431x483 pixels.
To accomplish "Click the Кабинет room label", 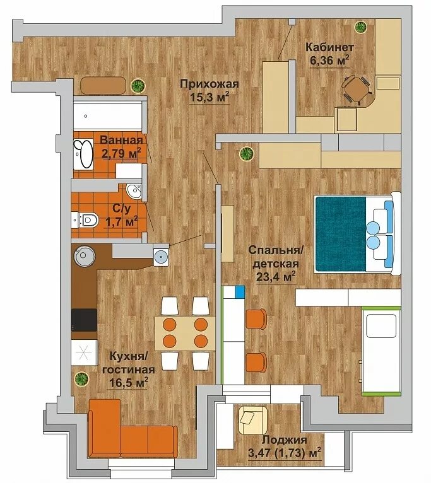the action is (329, 47).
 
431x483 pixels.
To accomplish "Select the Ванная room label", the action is (121, 140).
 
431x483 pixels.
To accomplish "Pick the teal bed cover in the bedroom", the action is (341, 235).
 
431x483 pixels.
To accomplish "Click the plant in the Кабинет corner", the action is (360, 27).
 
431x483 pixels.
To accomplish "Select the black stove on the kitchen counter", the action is (84, 320).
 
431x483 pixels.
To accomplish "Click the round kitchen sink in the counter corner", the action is (83, 255).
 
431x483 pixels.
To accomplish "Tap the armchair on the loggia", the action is (252, 420).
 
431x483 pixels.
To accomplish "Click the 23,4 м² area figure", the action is (276, 277).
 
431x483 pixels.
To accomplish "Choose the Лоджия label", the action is (284, 439).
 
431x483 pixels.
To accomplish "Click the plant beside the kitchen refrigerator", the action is (81, 378).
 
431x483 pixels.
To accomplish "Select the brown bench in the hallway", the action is (103, 85).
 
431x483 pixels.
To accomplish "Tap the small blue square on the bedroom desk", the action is (240, 292).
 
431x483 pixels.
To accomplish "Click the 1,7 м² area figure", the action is (121, 221).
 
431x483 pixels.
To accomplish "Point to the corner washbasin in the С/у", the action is (134, 191).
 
